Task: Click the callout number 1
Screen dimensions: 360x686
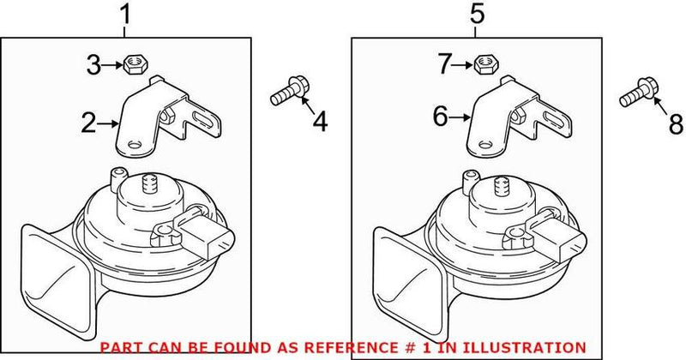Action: pyautogui.click(x=126, y=15)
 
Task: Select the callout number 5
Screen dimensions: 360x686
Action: pyautogui.click(x=478, y=15)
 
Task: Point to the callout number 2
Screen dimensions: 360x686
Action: pyautogui.click(x=88, y=124)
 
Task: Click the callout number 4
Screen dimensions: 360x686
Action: pyautogui.click(x=319, y=123)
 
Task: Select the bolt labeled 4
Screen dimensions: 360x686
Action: pyautogui.click(x=286, y=91)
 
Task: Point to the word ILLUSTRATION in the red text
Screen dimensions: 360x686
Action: pyautogui.click(x=535, y=346)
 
